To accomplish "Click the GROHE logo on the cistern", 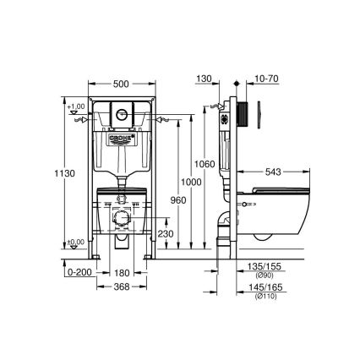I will [123, 135].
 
